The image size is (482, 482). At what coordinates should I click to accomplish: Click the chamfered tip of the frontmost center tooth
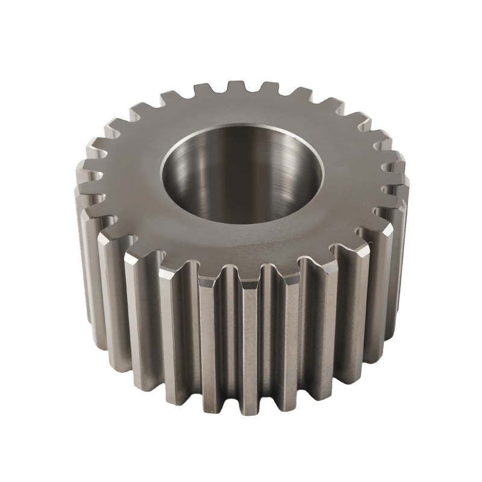tap(244, 277)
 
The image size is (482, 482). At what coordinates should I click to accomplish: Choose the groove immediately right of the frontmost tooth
tap(269, 337)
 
